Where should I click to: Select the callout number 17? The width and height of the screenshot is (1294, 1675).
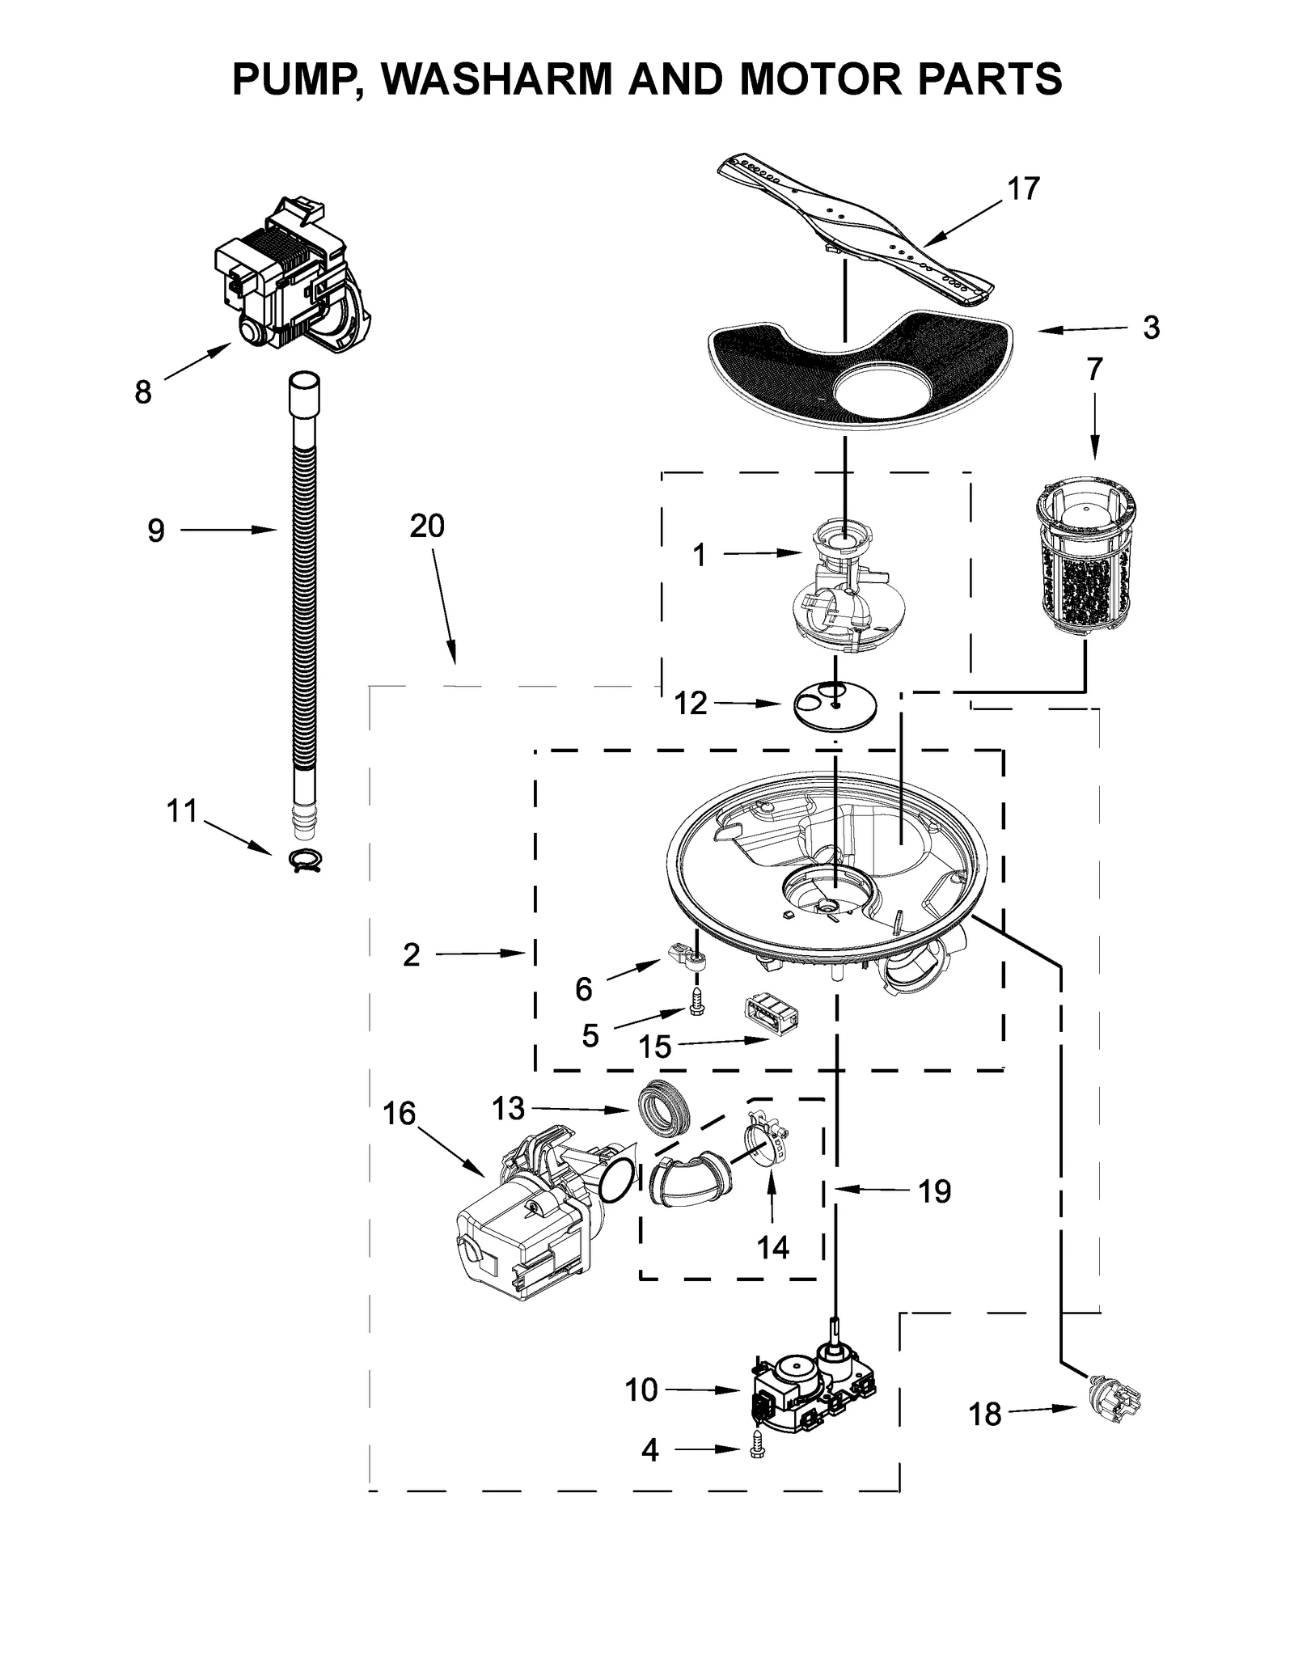click(x=1022, y=188)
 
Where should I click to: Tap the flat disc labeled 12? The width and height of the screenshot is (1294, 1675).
click(x=835, y=706)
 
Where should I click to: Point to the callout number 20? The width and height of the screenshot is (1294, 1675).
click(x=427, y=527)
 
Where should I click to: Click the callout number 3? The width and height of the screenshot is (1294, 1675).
click(x=1150, y=328)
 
